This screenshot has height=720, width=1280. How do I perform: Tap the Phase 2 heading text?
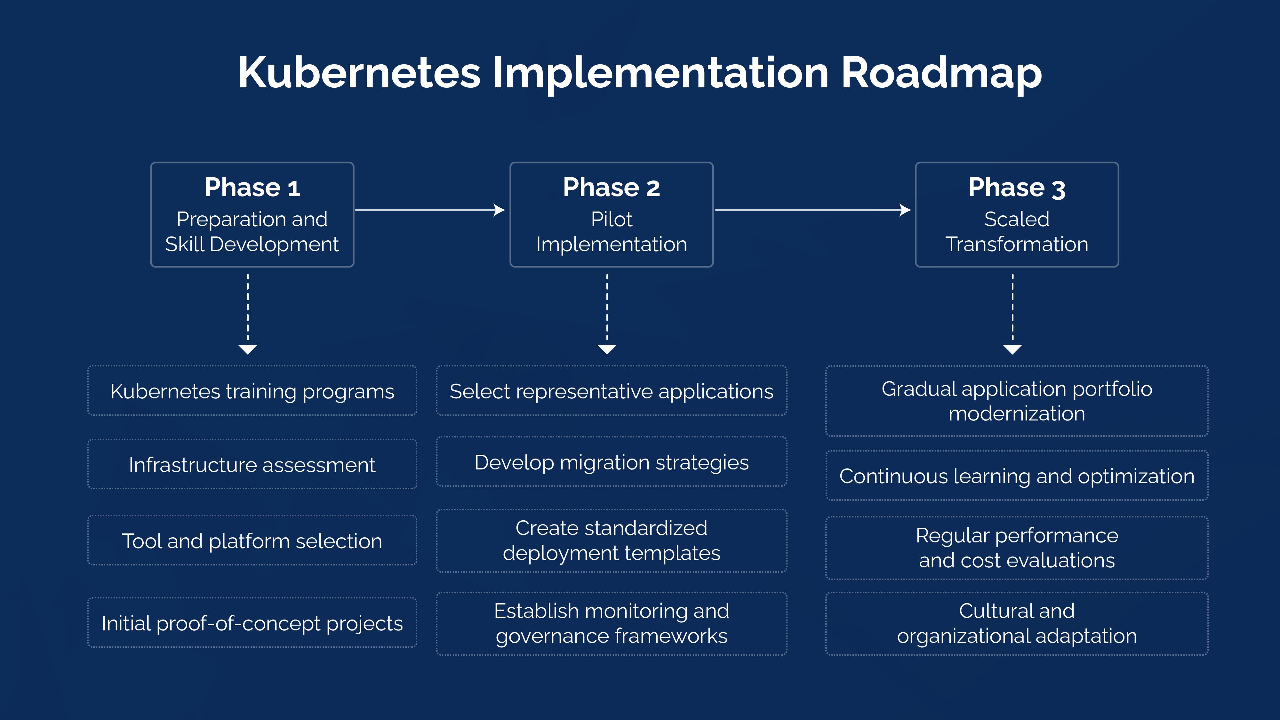611,188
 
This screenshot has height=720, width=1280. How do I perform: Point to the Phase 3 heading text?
1017,188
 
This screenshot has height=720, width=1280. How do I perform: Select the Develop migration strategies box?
611,462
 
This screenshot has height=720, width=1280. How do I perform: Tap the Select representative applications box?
611,391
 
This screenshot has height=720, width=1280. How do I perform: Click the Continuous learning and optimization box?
1017,476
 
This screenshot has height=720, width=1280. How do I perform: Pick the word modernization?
1017,413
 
